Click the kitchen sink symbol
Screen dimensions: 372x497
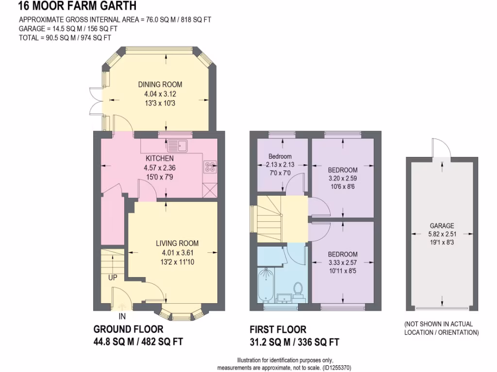(x=177, y=145)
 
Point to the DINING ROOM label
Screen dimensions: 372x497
(x=160, y=84)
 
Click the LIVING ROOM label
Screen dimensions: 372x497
(x=177, y=243)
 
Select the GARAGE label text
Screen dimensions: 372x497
(x=442, y=225)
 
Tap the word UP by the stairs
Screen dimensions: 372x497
(x=113, y=278)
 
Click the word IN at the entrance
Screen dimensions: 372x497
(x=122, y=317)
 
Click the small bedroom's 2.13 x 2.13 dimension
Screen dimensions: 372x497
(x=281, y=165)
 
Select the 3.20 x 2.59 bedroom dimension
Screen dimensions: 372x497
(x=343, y=178)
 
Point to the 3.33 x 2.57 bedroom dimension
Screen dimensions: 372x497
(x=343, y=263)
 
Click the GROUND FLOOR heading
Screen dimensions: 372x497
(x=128, y=329)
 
